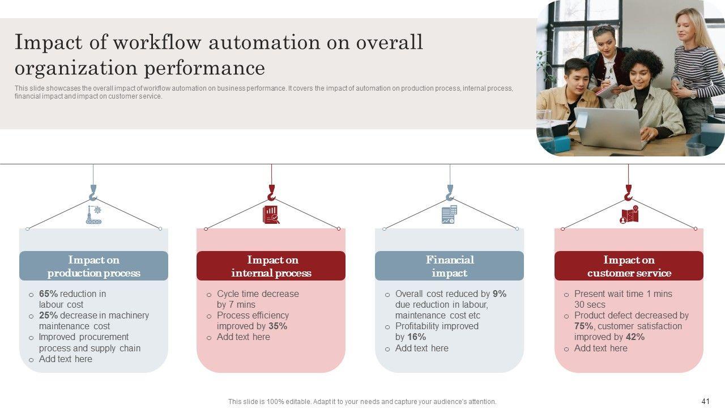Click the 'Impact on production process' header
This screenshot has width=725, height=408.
[x=93, y=266]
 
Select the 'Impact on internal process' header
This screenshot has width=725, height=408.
[x=271, y=266]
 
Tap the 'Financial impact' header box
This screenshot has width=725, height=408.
[x=449, y=266]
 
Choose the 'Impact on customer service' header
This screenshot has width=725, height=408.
[x=629, y=266]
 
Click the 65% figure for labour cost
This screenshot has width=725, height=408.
[x=48, y=294]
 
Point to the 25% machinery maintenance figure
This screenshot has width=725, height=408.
[x=48, y=315]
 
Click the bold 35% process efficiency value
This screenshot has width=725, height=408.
[x=278, y=326]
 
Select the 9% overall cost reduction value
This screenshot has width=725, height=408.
[x=500, y=294]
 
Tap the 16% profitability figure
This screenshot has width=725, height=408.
[x=416, y=337]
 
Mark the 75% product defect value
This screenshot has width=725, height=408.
[x=583, y=326]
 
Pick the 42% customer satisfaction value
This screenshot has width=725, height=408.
[x=635, y=337]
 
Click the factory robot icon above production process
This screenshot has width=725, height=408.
[x=93, y=215]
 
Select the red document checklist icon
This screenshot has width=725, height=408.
[x=271, y=215]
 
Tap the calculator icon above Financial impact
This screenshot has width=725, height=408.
[x=449, y=215]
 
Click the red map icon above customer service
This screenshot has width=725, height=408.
[x=629, y=215]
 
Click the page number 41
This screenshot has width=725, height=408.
[x=705, y=401]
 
